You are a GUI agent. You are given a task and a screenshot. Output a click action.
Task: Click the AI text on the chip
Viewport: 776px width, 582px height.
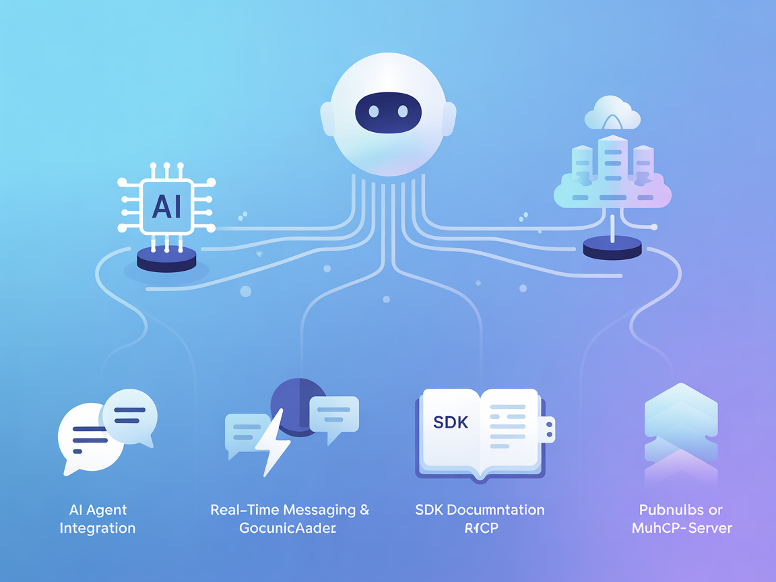pyautogui.click(x=166, y=206)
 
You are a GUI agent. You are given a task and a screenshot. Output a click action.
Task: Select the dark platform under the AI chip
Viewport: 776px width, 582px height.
pyautogui.click(x=166, y=259)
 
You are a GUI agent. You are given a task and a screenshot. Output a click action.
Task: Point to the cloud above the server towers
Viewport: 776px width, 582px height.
pyautogui.click(x=612, y=115)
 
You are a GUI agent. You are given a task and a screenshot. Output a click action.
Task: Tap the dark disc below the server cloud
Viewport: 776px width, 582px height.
pyautogui.click(x=612, y=248)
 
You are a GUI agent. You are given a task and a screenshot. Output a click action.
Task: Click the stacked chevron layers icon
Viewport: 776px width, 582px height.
pyautogui.click(x=680, y=431)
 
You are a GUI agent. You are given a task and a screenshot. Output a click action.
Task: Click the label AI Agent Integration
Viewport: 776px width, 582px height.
pyautogui.click(x=98, y=519)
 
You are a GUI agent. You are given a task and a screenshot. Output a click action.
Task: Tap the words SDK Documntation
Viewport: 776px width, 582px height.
pyautogui.click(x=480, y=510)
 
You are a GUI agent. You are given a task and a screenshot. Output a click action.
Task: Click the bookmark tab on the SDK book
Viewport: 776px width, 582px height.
pyautogui.click(x=548, y=430)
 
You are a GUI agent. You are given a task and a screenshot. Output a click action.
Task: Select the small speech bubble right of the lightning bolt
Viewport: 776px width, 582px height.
pyautogui.click(x=333, y=416)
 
